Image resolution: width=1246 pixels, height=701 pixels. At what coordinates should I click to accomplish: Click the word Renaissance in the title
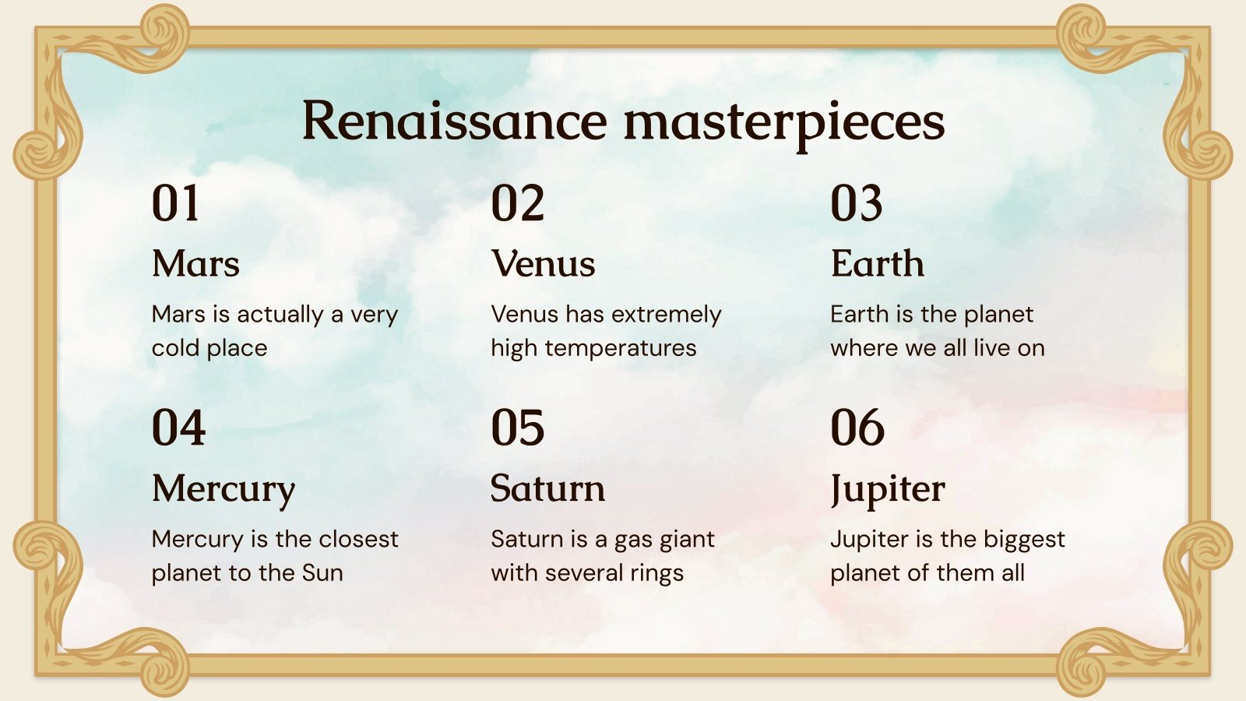454,122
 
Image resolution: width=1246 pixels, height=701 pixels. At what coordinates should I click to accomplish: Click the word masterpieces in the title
784,123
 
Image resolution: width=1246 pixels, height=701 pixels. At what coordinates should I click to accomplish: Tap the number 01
176,204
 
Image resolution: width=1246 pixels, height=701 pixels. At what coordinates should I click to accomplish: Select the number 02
517,204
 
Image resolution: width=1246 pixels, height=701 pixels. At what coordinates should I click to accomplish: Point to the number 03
857,204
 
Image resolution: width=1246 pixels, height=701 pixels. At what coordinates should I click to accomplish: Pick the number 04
178,428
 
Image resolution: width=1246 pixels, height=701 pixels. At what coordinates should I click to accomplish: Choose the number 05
517,428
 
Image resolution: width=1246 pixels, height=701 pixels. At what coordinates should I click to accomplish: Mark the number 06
857,428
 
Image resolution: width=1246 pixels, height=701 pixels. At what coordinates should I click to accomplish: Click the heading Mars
195,263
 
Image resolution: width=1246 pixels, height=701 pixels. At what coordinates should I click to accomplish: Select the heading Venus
543,263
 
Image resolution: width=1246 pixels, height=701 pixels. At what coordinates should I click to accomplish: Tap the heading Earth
877,263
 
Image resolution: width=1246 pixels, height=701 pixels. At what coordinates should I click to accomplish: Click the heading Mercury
224,489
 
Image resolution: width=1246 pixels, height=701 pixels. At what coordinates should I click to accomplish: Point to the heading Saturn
547,488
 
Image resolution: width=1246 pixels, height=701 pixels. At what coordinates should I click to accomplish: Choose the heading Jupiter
888,489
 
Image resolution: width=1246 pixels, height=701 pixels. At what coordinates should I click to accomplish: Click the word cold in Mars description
176,347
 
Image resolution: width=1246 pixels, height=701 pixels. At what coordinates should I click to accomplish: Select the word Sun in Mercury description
322,572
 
